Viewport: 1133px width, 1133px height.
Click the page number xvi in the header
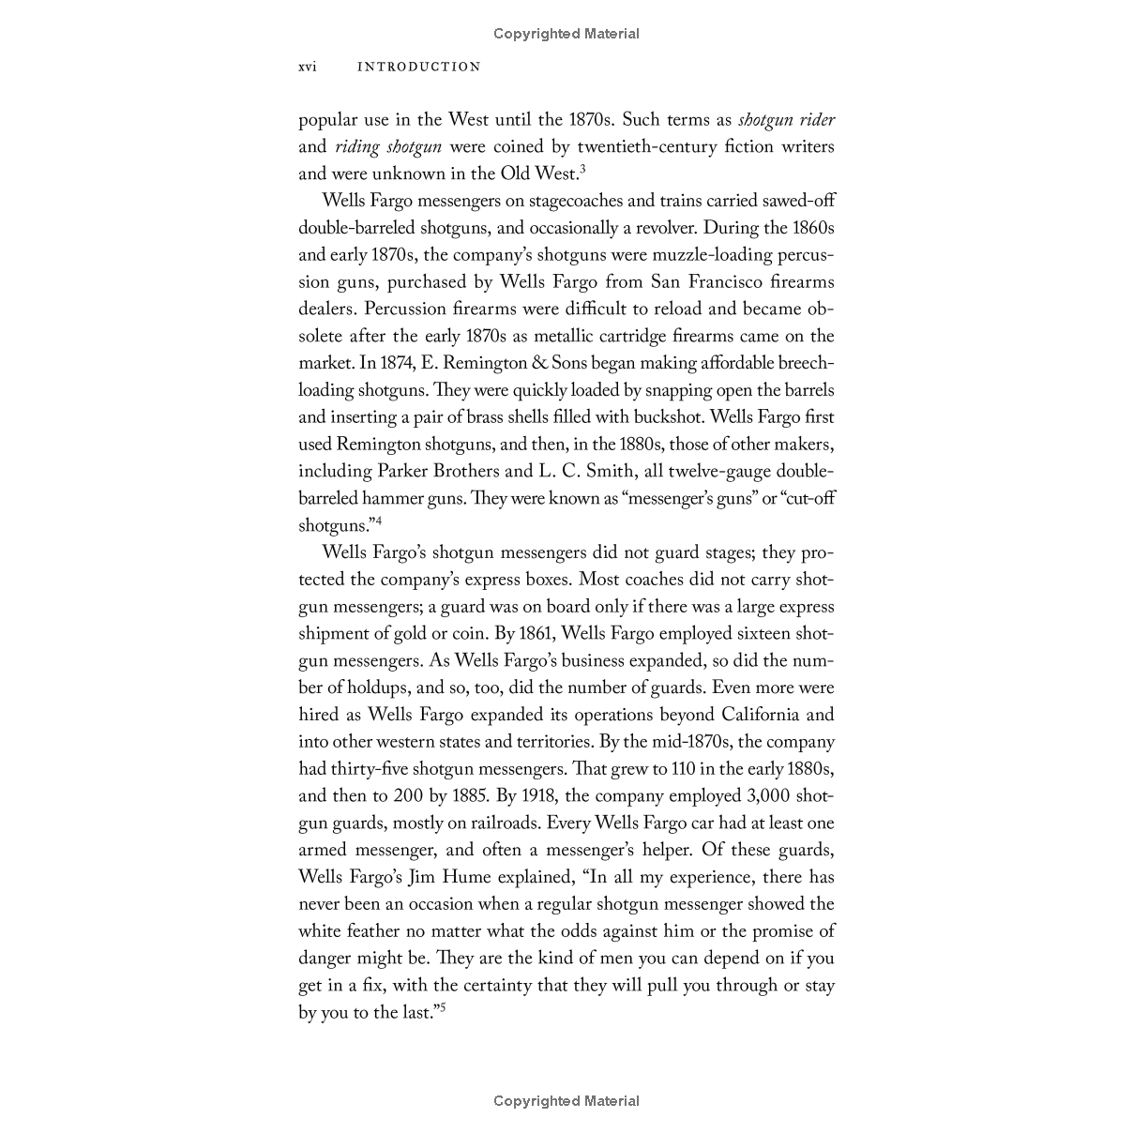307,67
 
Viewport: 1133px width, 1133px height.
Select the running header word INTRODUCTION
419,67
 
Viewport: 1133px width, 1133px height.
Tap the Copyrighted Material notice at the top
566,34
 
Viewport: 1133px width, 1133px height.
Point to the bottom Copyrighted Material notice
566,1101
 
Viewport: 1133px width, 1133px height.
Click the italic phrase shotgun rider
787,120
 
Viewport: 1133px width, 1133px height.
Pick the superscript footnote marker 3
582,169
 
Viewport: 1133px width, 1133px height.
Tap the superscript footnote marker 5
443,1007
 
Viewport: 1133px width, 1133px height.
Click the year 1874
400,364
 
